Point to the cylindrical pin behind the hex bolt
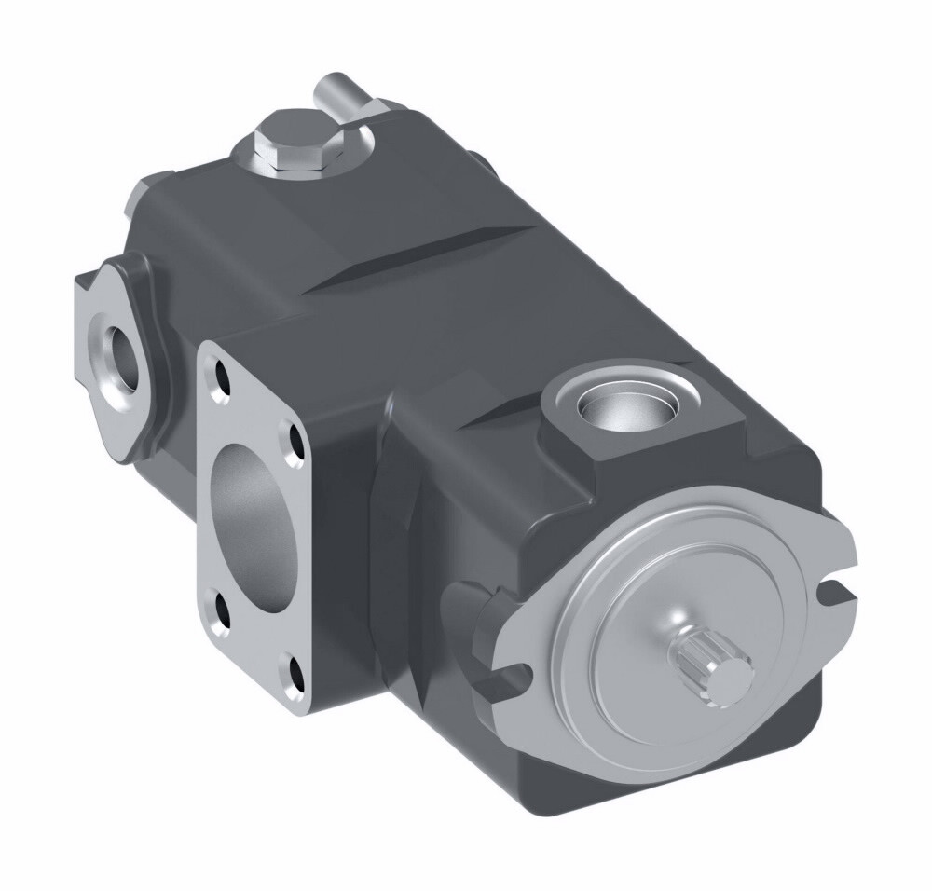[x=339, y=94]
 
